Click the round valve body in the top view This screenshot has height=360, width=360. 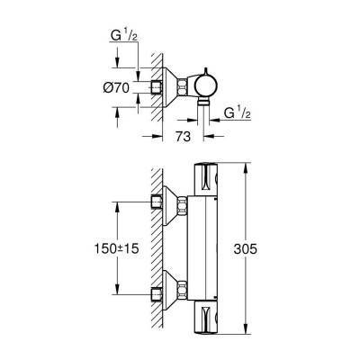(x=204, y=87)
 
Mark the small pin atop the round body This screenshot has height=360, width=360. (x=205, y=69)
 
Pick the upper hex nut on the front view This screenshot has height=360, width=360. (x=183, y=205)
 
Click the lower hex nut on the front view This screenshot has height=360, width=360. (x=183, y=294)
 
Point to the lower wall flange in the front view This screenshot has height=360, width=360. (x=159, y=294)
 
